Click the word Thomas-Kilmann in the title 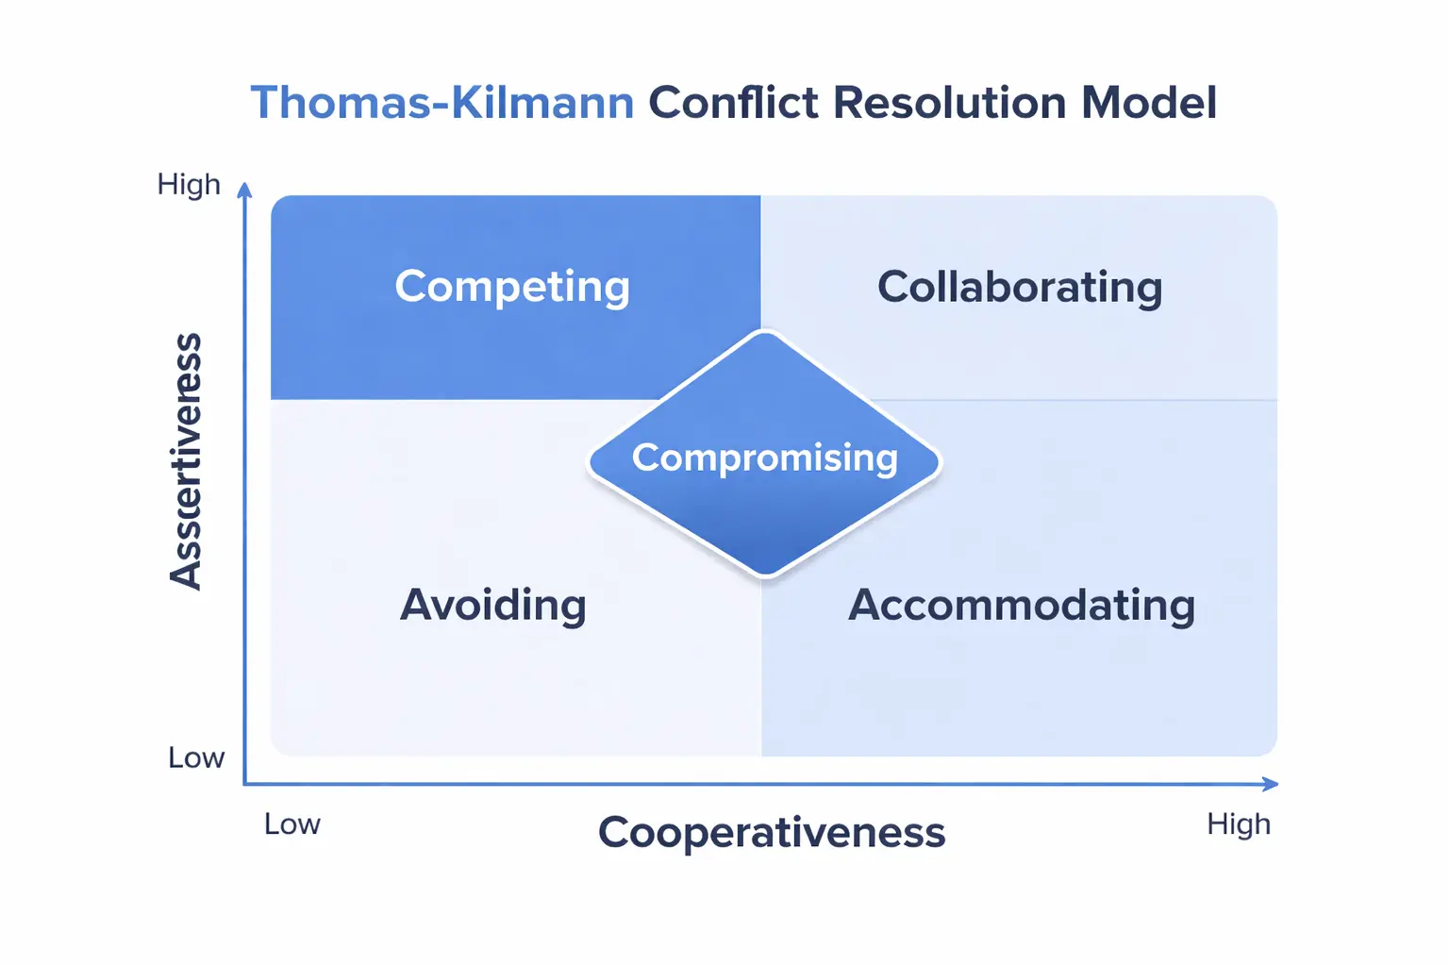441,102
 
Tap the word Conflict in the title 733,102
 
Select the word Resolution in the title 949,102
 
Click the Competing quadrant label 512,287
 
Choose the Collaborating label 1019,287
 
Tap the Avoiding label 492,605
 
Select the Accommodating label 1021,605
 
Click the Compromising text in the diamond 764,458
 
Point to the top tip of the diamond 765,333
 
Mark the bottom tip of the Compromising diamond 766,575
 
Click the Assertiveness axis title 186,461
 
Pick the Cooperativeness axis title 771,832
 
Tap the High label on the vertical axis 189,184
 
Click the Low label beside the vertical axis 195,758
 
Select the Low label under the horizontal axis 291,824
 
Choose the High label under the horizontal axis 1238,824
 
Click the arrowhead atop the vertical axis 244,190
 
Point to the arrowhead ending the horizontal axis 1271,784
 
